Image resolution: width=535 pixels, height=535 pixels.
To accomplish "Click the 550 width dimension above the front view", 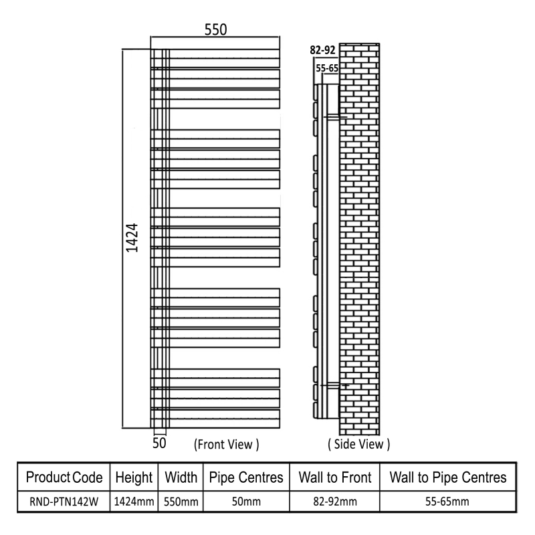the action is (215, 29).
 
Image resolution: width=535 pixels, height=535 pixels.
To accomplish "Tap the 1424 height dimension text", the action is (132, 238).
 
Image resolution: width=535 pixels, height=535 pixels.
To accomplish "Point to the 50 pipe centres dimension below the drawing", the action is (159, 443).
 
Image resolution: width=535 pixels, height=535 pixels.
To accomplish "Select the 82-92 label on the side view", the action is (323, 50).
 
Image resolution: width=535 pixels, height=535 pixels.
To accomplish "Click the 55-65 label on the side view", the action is (327, 68).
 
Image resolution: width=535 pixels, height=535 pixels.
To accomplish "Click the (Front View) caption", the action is (227, 444).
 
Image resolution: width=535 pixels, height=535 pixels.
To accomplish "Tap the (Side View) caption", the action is (359, 444).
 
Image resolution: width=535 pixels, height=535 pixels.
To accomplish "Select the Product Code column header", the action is (64, 477).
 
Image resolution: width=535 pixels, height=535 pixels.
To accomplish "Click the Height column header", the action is (134, 477).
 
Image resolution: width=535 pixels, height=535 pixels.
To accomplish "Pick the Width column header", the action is (181, 477).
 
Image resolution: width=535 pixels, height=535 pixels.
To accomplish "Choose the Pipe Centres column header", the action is (246, 477).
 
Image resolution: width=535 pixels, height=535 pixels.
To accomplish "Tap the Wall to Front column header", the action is (335, 477).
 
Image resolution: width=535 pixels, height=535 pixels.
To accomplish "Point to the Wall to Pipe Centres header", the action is (448, 477).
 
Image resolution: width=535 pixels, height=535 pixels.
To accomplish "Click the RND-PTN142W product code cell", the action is (64, 502).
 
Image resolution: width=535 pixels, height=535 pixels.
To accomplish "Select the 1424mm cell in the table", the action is (134, 502).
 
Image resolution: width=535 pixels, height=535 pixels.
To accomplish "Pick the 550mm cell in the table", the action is (181, 502).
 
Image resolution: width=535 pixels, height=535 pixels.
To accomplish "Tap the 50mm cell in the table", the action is (246, 502).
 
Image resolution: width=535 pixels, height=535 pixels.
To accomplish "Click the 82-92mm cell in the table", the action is (335, 502).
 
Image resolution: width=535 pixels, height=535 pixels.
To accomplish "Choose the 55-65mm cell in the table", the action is (447, 502).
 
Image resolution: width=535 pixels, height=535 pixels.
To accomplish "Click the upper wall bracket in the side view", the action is (336, 117).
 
